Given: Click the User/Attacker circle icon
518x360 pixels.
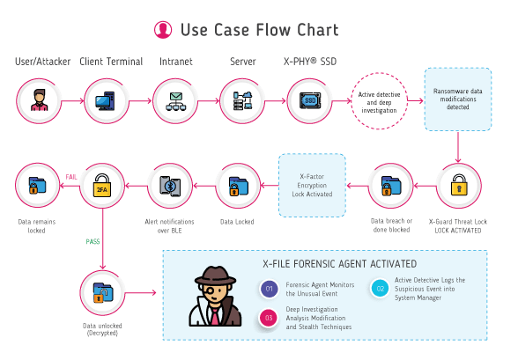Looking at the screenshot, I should (x=38, y=99).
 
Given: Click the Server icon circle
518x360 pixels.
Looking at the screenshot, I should (x=241, y=99).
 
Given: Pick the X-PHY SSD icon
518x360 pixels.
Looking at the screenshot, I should (x=309, y=99).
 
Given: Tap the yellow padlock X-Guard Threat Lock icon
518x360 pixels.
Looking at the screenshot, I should (x=459, y=185).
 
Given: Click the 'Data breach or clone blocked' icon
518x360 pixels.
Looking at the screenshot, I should (x=390, y=185).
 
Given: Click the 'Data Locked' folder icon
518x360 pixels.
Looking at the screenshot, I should (x=239, y=185).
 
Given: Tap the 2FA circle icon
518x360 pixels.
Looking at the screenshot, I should (x=101, y=185).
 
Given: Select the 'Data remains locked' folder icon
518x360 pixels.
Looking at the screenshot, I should (x=38, y=185).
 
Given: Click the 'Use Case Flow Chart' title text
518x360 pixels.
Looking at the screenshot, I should (x=258, y=30).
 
